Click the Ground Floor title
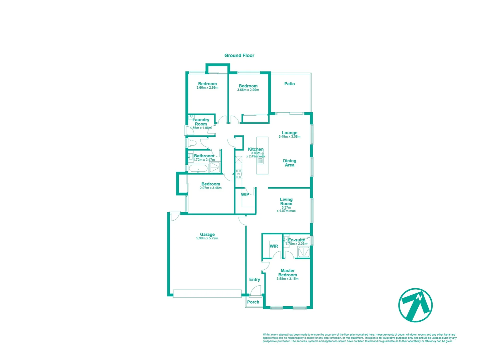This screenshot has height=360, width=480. [x=239, y=56]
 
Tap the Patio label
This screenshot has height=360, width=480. [x=290, y=84]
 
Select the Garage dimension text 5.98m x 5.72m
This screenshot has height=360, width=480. [x=207, y=238]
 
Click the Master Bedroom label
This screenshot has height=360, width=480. [x=288, y=273]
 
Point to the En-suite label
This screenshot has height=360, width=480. [x=297, y=240]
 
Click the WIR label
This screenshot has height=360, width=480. [x=274, y=246]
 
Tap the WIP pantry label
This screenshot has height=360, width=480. [x=245, y=195]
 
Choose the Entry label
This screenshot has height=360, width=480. [x=255, y=280]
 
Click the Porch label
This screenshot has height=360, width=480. [x=253, y=302]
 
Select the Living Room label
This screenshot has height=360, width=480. [x=286, y=201]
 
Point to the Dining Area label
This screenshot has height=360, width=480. [x=290, y=163]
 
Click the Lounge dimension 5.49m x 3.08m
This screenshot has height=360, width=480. [x=290, y=137]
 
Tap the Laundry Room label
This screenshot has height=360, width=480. [x=201, y=122]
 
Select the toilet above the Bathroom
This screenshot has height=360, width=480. [x=192, y=143]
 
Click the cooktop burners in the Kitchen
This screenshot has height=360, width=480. [x=238, y=174]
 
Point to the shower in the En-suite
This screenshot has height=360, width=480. [x=304, y=252]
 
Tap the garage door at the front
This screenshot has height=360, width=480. [x=207, y=293]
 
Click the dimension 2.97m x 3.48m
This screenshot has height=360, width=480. [x=210, y=188]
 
